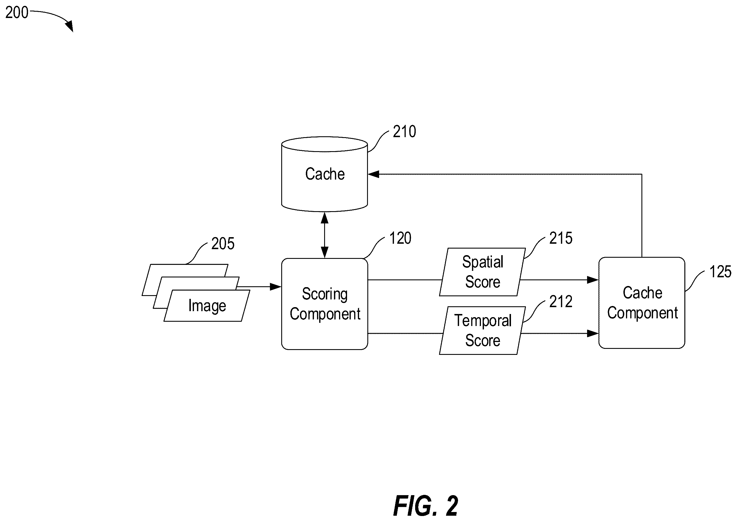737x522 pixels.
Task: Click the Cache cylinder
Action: [x=324, y=174]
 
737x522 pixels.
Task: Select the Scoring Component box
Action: [x=324, y=304]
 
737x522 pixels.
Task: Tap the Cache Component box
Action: [x=642, y=303]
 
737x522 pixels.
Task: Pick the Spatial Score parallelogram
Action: [x=482, y=272]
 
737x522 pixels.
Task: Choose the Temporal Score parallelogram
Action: [x=482, y=330]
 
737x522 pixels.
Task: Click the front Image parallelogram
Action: [x=207, y=306]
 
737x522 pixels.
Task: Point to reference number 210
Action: [x=405, y=132]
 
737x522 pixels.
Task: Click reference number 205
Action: [x=223, y=244]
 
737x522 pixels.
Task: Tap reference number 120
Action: [x=400, y=238]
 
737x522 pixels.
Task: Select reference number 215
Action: [x=561, y=238]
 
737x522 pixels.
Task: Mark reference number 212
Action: [x=561, y=301]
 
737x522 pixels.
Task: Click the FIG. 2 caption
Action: [x=425, y=506]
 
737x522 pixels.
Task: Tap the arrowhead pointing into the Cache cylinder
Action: [x=373, y=174]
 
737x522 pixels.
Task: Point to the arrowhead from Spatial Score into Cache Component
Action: [x=593, y=280]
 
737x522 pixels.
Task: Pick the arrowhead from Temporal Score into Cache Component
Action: [x=593, y=333]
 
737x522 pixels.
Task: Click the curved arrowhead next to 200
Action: [x=70, y=26]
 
